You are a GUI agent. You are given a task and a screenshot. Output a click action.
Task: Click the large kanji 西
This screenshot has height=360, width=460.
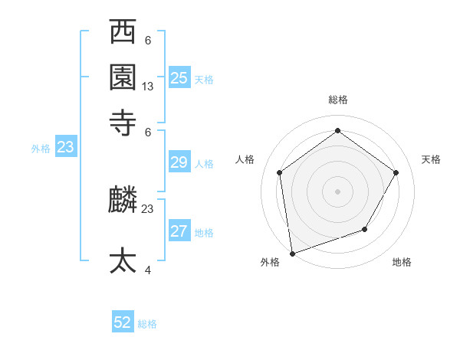click(123, 34)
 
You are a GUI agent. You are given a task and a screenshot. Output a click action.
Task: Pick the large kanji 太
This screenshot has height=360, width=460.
click(123, 260)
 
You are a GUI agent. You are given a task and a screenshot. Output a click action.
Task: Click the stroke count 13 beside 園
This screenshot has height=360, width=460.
click(148, 87)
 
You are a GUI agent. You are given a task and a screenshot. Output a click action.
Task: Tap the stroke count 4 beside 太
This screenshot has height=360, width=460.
click(147, 270)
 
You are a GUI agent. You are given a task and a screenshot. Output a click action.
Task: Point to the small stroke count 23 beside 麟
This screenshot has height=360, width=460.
click(148, 208)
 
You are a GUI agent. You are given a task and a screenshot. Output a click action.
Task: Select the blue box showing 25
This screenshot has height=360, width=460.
click(179, 78)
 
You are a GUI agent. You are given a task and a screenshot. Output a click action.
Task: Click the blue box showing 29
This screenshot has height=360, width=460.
click(179, 162)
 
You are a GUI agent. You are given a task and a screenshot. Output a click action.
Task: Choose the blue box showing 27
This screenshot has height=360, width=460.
click(179, 231)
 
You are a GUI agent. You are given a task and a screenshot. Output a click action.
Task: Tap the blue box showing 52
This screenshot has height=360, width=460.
click(123, 322)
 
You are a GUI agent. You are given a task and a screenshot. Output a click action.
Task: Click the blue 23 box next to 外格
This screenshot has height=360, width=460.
click(65, 148)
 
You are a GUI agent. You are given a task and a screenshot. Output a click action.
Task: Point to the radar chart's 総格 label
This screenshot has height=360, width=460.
click(337, 100)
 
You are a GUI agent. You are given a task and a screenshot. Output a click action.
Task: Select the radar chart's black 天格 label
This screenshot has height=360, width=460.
click(431, 159)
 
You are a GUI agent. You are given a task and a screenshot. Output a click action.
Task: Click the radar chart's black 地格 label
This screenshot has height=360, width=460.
click(402, 262)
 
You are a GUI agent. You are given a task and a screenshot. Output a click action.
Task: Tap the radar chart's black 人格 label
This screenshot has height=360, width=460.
click(245, 159)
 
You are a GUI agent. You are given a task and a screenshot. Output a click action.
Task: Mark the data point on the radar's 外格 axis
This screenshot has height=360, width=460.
click(292, 253)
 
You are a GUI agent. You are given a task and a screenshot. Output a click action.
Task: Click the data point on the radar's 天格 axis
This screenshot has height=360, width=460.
click(396, 172)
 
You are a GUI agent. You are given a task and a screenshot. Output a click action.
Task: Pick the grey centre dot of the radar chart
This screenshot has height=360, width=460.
click(337, 191)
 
